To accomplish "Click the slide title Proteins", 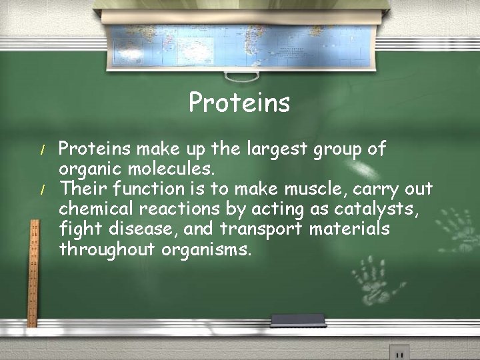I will (239, 103).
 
